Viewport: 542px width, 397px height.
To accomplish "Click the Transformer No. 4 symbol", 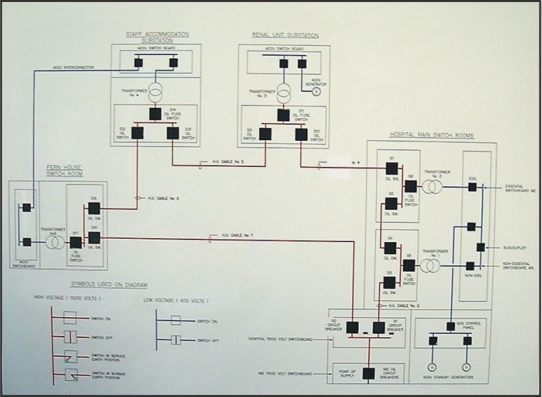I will pos(156,91).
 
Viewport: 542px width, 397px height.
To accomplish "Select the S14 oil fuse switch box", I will pos(155,114).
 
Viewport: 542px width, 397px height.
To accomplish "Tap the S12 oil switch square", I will pos(138,133).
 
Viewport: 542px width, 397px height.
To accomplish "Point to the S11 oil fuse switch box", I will pos(283,115).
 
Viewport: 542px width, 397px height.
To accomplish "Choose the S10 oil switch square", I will pos(301,134).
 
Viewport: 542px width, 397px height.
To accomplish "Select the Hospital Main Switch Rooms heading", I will pos(432,135).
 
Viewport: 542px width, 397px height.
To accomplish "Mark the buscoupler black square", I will pos(481,247).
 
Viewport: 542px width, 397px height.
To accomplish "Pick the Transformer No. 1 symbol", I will pos(431,266).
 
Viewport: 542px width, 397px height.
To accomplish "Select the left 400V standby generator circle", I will pos(433,367).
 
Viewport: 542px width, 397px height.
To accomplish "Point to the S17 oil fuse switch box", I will pos(76,242).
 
